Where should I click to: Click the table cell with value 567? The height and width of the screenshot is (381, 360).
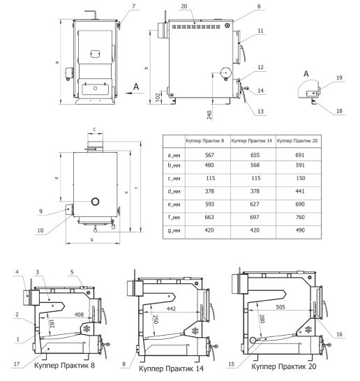click(209, 155)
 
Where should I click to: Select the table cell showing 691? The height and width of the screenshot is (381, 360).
click(300, 155)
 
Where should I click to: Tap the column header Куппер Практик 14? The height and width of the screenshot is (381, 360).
click(251, 141)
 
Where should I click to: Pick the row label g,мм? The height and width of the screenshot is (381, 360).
click(174, 230)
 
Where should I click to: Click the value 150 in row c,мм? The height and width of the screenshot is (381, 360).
click(301, 178)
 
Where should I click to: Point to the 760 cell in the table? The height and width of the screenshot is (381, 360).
click(300, 217)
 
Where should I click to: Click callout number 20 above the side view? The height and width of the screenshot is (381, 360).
click(184, 6)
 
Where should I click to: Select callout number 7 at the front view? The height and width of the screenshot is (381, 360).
click(133, 6)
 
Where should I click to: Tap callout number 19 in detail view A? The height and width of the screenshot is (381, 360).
click(339, 77)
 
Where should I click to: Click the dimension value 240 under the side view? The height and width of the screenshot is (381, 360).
click(209, 115)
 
